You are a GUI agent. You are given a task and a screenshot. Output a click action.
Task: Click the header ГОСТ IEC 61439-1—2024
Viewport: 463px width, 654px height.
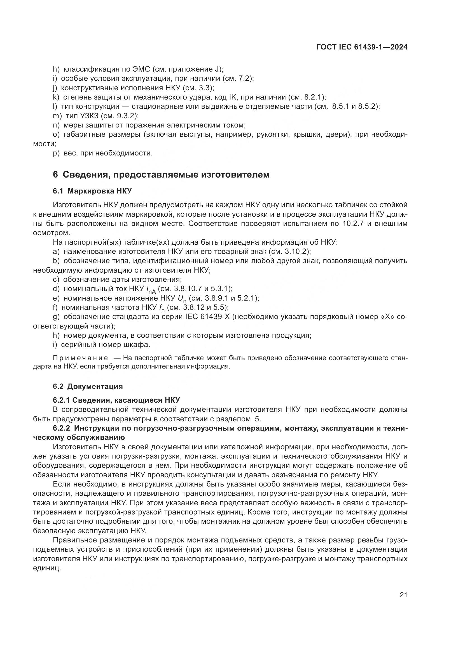tap(361, 47)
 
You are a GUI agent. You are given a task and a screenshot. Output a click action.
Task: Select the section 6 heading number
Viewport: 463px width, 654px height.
tap(55, 174)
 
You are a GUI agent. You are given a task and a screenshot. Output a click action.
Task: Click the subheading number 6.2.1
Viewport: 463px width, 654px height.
tap(61, 400)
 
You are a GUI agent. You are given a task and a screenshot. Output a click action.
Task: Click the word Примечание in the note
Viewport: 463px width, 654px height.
tap(80, 358)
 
